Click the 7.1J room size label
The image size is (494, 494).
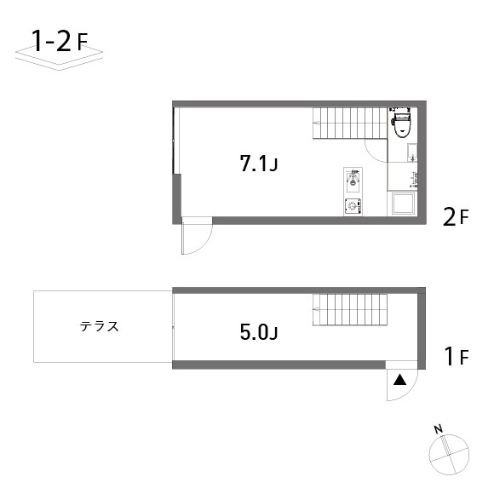click(259, 164)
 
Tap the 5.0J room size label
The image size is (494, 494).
click(259, 332)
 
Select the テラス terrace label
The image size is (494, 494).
click(100, 326)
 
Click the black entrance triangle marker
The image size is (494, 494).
click(399, 380)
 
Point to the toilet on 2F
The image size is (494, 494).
click(401, 123)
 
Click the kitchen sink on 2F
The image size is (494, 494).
click(353, 181)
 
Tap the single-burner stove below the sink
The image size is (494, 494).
click(353, 207)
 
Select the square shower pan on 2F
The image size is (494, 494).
click(403, 204)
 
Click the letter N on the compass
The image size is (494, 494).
click(439, 428)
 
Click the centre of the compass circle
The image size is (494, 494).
click(449, 455)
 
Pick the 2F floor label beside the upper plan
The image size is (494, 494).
click(456, 217)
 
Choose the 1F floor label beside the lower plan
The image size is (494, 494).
click(457, 356)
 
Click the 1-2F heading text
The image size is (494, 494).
click(60, 42)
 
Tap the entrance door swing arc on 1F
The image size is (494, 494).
click(410, 391)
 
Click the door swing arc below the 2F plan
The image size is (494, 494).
click(204, 244)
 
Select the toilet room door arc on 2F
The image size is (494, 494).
click(371, 155)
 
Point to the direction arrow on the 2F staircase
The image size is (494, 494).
click(316, 123)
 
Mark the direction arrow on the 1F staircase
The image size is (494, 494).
click(316, 309)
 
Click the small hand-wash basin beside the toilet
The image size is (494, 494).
click(412, 152)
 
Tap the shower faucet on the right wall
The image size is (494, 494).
click(414, 180)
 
